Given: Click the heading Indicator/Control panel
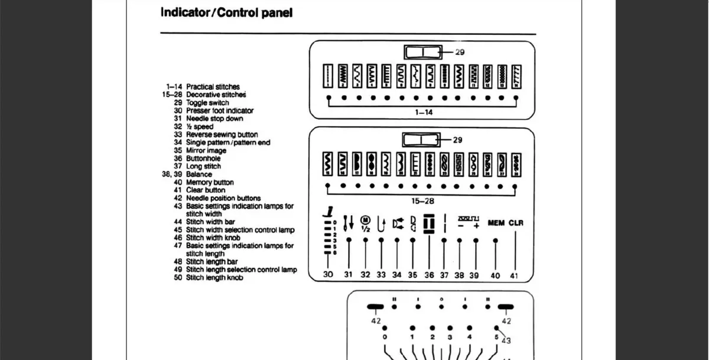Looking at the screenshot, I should [226, 12].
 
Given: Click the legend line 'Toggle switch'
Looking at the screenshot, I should [207, 103].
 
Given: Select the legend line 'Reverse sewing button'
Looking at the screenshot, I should [222, 135].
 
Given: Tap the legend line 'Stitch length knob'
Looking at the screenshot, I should [214, 278].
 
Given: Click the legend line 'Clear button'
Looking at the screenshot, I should [206, 190].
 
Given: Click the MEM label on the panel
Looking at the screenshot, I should [496, 223].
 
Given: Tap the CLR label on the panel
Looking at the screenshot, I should [516, 223].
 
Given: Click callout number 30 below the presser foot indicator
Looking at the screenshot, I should [329, 275].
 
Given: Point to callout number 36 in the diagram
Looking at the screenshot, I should [429, 275].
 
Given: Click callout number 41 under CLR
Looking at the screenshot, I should [513, 275].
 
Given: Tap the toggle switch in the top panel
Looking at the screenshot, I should [422, 53].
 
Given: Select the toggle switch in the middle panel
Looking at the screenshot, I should [421, 140].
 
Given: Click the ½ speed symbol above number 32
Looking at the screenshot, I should [365, 223].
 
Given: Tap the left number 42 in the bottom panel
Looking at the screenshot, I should [376, 321].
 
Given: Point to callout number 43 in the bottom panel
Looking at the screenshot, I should [506, 340].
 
